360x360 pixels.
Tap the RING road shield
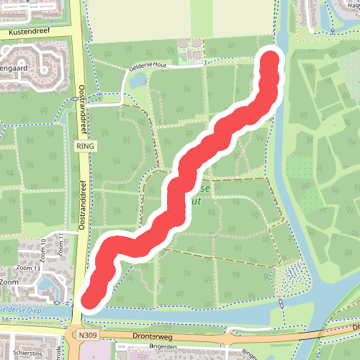tap(84, 145)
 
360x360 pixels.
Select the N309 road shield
tap(89, 336)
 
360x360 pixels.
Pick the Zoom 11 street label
tap(63, 243)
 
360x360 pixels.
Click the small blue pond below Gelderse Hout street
tap(135, 82)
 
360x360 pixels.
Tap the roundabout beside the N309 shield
tap(73, 336)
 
